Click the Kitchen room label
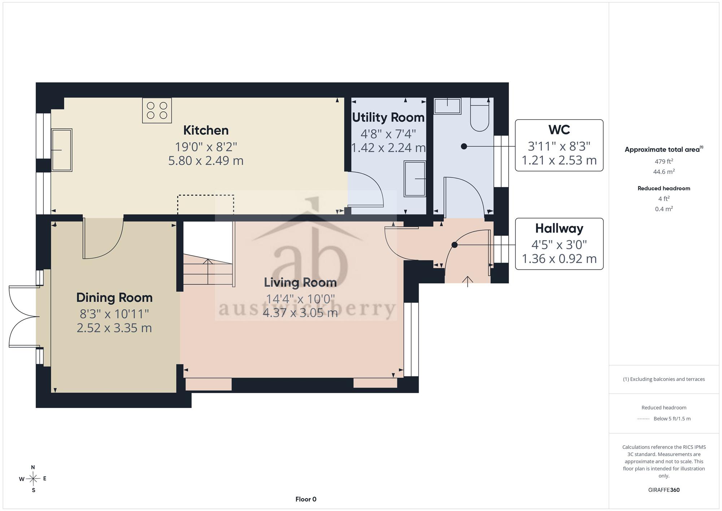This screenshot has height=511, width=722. click(x=206, y=130)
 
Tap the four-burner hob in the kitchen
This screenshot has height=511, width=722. click(x=157, y=111)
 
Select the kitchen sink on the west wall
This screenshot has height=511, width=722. click(x=62, y=150)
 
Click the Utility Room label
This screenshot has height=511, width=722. click(x=388, y=117)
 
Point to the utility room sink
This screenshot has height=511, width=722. click(x=415, y=179)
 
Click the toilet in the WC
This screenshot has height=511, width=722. click(x=480, y=114)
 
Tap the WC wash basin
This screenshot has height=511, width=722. click(x=447, y=106)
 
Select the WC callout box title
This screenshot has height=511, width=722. click(x=559, y=130)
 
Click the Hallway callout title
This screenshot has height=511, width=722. click(x=559, y=228)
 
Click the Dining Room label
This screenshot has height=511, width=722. click(x=114, y=298)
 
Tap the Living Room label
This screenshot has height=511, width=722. click(x=300, y=282)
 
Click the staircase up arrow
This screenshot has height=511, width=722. click(x=208, y=271)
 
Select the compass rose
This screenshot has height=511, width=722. click(x=33, y=479)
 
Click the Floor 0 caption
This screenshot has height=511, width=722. click(x=306, y=499)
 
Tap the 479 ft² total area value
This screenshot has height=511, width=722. click(x=664, y=161)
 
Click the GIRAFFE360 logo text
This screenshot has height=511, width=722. click(x=664, y=490)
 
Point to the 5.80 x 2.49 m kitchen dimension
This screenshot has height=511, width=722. click(x=206, y=161)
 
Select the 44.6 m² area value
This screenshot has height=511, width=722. click(x=664, y=172)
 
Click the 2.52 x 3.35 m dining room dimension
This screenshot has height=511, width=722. click(x=114, y=328)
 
